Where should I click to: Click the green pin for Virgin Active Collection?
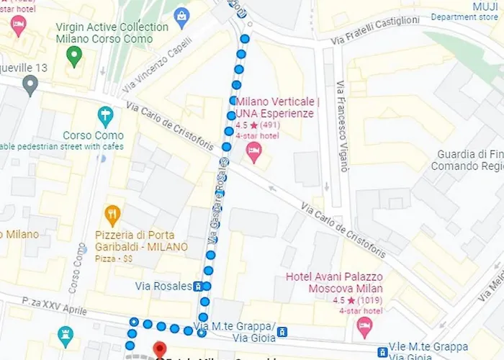tap(73, 55)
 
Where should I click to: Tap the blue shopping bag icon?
tap(182, 16)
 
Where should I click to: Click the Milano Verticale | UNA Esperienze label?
tap(277, 107)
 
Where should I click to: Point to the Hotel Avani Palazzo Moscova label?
tap(334, 282)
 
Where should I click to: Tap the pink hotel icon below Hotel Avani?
tap(365, 328)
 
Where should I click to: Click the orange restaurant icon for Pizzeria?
tap(112, 214)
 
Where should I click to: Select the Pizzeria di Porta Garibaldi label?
tap(141, 241)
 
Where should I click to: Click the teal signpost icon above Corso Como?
tap(106, 115)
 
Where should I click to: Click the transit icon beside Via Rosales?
tap(198, 287)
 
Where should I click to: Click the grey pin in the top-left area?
tap(30, 86)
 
